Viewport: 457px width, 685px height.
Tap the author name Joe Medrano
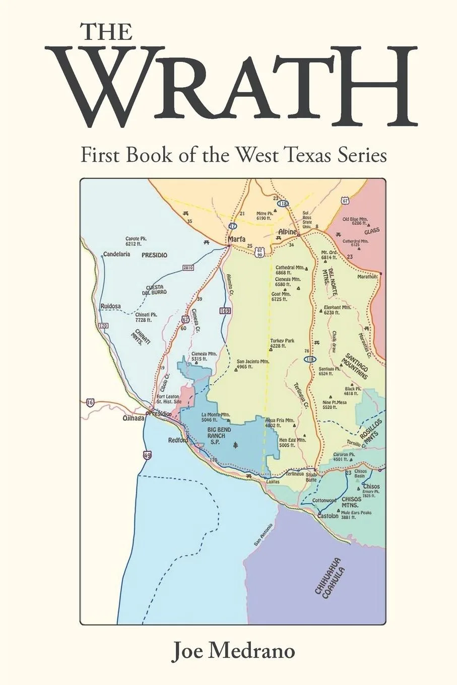(233, 651)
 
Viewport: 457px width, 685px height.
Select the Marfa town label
(236, 240)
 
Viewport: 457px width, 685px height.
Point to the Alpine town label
(288, 232)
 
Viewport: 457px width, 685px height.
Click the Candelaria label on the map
(117, 254)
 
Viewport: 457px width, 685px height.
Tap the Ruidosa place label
(111, 306)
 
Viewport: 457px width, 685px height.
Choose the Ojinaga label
(134, 418)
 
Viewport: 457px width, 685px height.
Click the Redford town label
(178, 440)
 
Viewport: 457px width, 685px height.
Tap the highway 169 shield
(225, 311)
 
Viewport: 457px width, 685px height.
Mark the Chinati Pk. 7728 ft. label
(146, 317)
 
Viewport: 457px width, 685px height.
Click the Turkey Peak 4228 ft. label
(282, 343)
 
